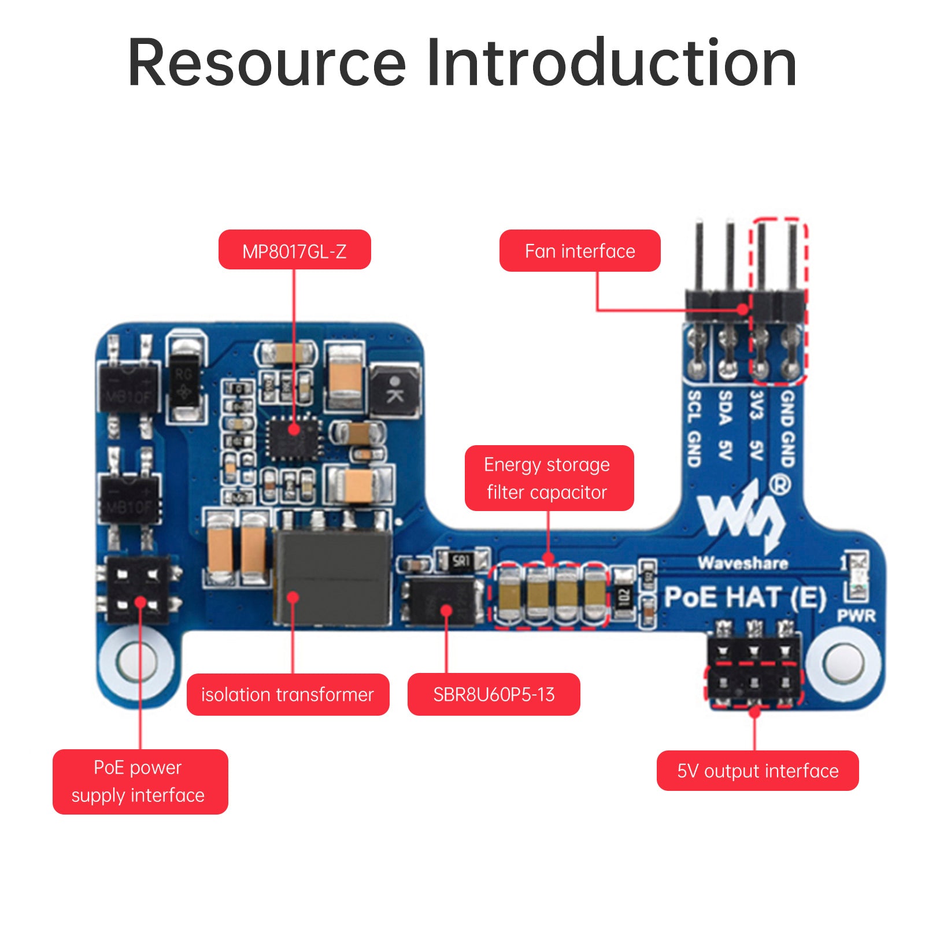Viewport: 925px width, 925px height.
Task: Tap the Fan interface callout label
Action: [x=579, y=250]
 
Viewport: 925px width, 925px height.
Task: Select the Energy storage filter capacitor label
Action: [x=549, y=478]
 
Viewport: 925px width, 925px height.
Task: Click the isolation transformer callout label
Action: [x=287, y=694]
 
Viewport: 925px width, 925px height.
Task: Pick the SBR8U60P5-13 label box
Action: [x=493, y=694]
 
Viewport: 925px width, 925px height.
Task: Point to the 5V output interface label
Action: [x=757, y=770]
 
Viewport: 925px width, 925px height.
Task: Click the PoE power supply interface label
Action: [x=139, y=781]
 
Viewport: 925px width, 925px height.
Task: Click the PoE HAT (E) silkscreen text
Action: [x=745, y=597]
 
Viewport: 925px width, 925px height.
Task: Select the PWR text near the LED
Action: [x=856, y=616]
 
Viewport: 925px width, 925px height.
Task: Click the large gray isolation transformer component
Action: [x=333, y=577]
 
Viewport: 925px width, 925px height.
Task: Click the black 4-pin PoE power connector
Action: [x=139, y=589]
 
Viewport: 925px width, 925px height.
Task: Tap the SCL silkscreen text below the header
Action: [x=694, y=406]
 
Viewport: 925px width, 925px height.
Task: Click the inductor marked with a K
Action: [x=395, y=390]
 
